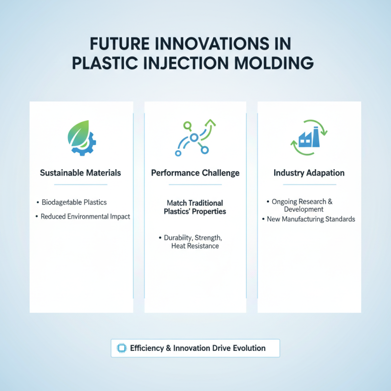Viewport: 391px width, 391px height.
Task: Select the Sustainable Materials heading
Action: (x=81, y=173)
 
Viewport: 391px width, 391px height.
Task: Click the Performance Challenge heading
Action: (x=195, y=173)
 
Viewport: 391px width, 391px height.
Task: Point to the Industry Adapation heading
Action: (x=309, y=173)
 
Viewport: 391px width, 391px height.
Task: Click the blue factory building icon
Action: (x=307, y=139)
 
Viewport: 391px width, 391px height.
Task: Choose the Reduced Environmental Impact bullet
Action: (x=86, y=216)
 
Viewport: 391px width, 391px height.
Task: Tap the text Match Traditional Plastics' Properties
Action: (x=195, y=207)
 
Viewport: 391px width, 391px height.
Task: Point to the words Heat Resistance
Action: (x=195, y=246)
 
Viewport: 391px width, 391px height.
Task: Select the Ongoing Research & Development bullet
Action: (x=302, y=205)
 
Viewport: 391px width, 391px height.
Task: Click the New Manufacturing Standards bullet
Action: (x=311, y=219)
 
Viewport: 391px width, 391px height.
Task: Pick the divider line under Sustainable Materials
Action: (x=81, y=185)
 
